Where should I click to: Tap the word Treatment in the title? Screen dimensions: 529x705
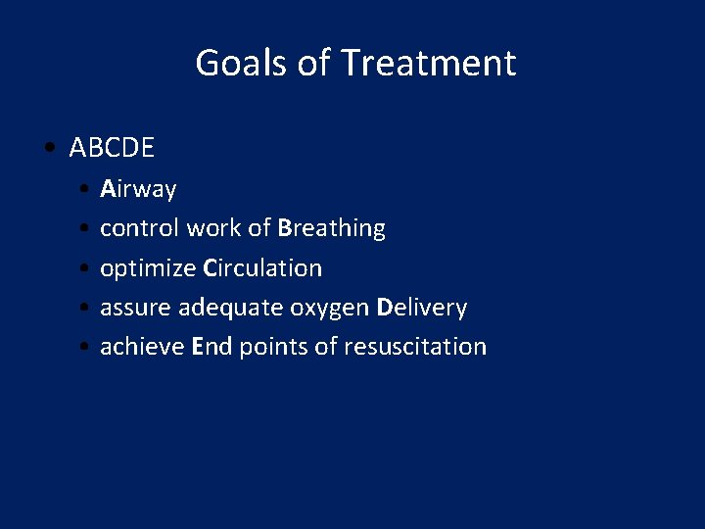(428, 64)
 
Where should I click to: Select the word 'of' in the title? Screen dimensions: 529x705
(313, 64)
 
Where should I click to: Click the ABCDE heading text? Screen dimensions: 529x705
(112, 148)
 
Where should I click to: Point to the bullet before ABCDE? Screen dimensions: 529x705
(49, 149)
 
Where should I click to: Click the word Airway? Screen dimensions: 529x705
(138, 189)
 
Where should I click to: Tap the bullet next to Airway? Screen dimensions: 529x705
(87, 189)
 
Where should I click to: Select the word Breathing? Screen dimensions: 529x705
(331, 228)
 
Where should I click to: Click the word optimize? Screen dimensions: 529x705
(148, 268)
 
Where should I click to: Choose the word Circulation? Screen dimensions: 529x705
(262, 268)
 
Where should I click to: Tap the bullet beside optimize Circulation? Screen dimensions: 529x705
(87, 268)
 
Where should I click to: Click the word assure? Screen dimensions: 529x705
(135, 308)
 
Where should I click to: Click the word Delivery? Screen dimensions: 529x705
(422, 308)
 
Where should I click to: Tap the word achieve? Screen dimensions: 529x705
(142, 347)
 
